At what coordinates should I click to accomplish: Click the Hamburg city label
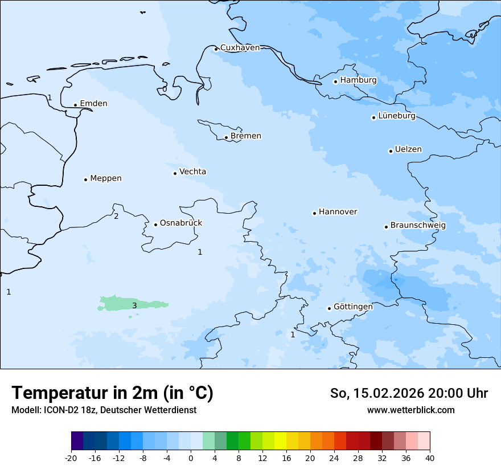(x=358, y=80)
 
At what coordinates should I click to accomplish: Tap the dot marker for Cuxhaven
(x=216, y=49)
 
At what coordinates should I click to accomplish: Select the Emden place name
(x=93, y=104)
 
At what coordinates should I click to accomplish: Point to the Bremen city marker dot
(x=226, y=137)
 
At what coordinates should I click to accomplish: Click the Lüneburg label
(x=396, y=116)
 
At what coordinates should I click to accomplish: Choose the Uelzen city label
(x=408, y=150)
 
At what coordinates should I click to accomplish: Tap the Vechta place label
(x=192, y=172)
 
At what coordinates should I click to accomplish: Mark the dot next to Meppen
(x=85, y=180)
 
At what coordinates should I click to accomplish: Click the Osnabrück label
(x=181, y=223)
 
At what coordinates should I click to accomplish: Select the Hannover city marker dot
(x=314, y=213)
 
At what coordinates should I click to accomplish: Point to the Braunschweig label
(x=418, y=226)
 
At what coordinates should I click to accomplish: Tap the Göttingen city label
(x=353, y=307)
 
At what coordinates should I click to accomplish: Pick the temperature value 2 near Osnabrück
(x=116, y=216)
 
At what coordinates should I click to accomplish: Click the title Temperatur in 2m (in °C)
(x=112, y=393)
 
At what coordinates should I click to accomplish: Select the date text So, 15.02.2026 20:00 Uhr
(x=409, y=393)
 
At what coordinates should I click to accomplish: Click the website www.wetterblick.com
(x=410, y=410)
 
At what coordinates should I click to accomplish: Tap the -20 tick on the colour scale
(x=71, y=458)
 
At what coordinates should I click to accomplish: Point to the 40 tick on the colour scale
(x=429, y=458)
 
